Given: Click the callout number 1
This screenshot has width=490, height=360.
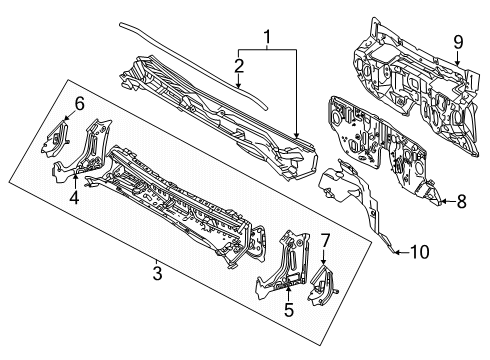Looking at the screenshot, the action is click(267, 37).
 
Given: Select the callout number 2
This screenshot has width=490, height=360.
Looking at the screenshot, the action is click(239, 66).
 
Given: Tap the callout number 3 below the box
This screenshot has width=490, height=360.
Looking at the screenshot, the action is click(157, 273).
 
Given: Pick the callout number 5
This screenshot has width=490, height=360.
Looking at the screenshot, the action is click(289, 309).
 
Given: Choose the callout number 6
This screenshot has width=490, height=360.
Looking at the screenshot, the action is click(80, 104).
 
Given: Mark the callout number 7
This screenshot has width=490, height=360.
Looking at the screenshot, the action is click(325, 240).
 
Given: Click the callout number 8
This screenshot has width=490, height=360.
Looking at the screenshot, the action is click(461, 201).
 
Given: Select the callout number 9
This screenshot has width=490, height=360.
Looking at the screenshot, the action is click(458, 42).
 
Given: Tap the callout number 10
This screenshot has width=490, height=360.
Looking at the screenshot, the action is click(420, 252).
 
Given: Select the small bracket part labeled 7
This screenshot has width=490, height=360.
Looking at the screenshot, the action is click(322, 285).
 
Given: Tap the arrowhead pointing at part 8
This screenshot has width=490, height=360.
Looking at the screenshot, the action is click(442, 201).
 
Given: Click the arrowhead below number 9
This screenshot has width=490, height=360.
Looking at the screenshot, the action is click(458, 62).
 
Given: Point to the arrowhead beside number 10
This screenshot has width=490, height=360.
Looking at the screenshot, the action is click(396, 252).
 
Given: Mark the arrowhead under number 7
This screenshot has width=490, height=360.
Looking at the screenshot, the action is click(323, 263).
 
